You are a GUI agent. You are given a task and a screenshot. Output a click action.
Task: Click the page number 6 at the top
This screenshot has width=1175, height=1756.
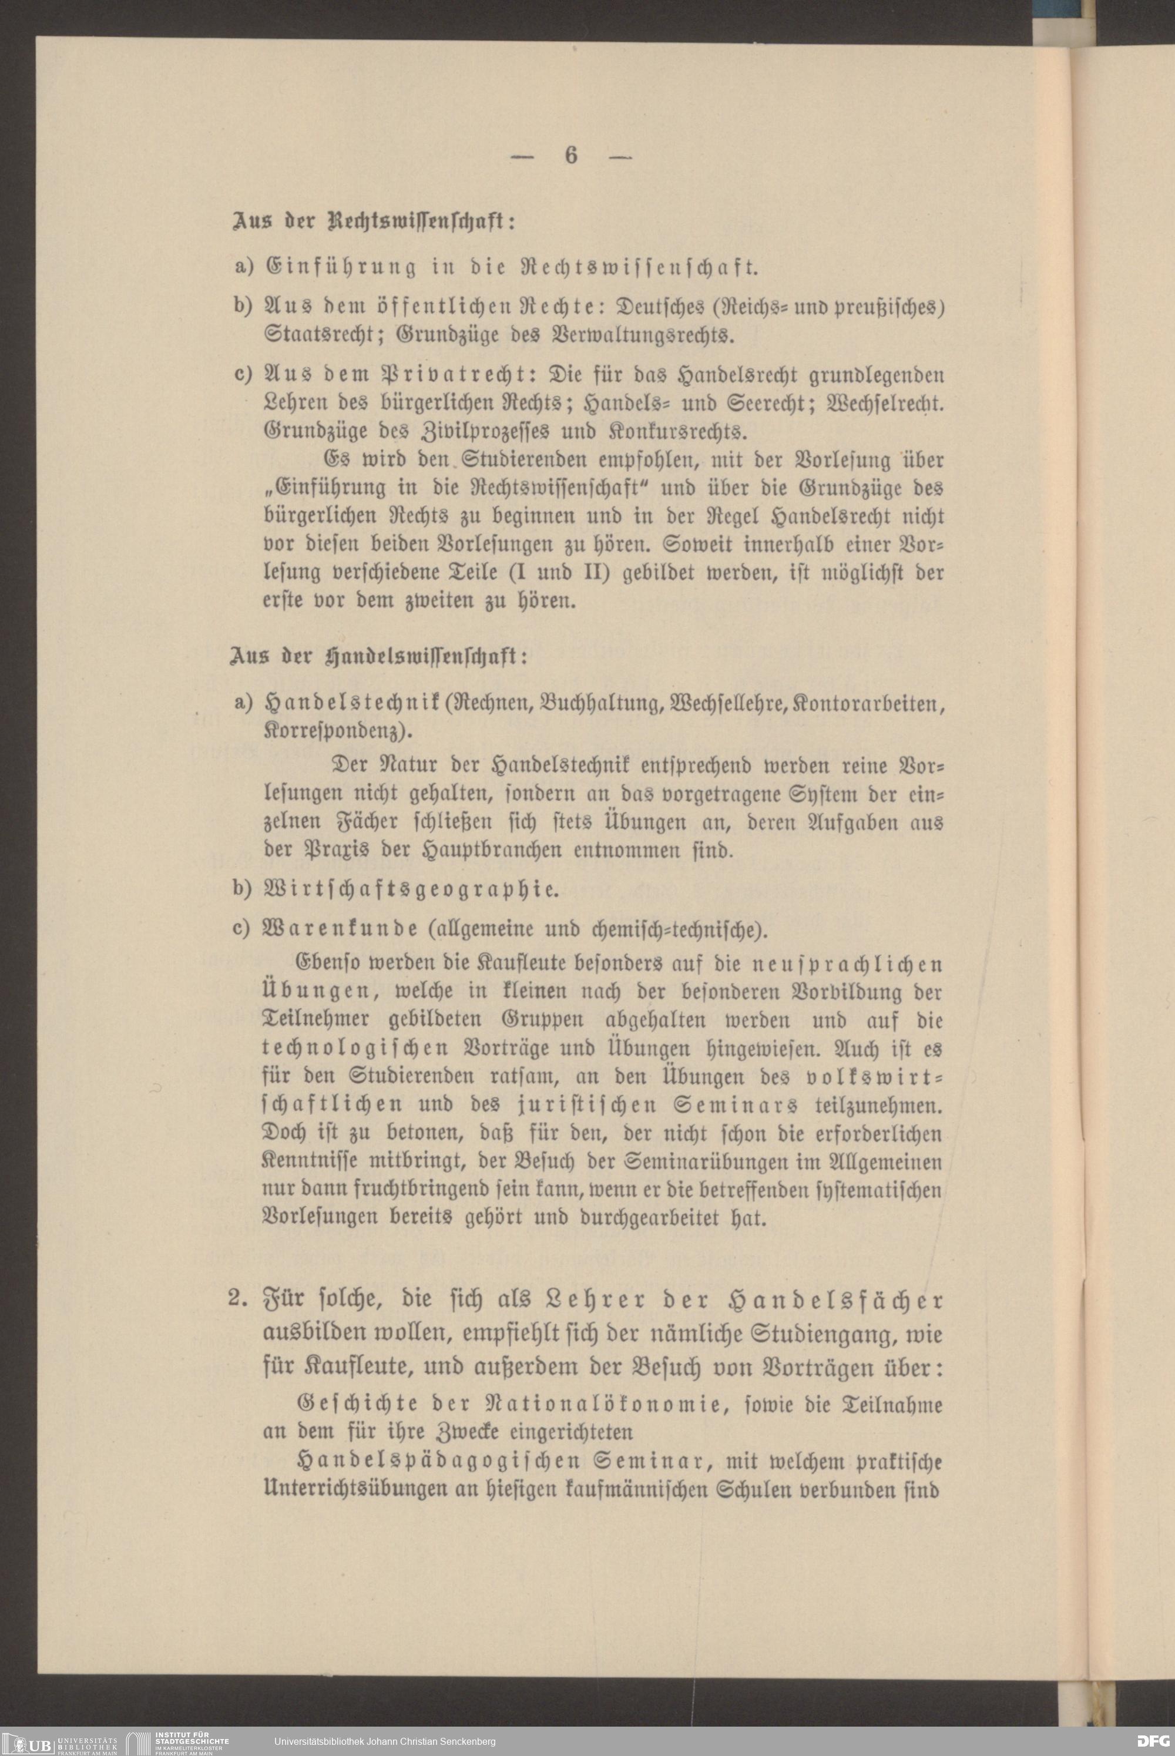click(x=571, y=155)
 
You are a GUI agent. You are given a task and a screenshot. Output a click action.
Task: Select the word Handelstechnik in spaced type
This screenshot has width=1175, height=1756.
click(x=349, y=704)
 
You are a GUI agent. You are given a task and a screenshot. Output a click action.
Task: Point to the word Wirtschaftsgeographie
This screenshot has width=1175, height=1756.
click(x=408, y=891)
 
